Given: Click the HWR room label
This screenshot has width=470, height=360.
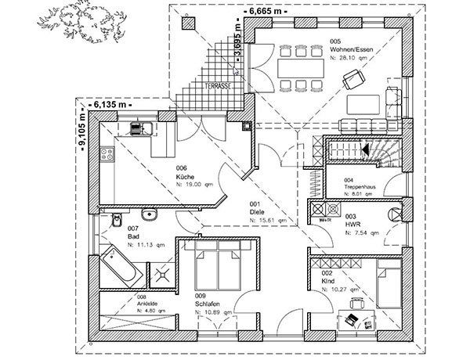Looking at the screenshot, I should coord(351,224).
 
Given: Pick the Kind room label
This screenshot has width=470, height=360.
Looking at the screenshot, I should coord(328,280).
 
